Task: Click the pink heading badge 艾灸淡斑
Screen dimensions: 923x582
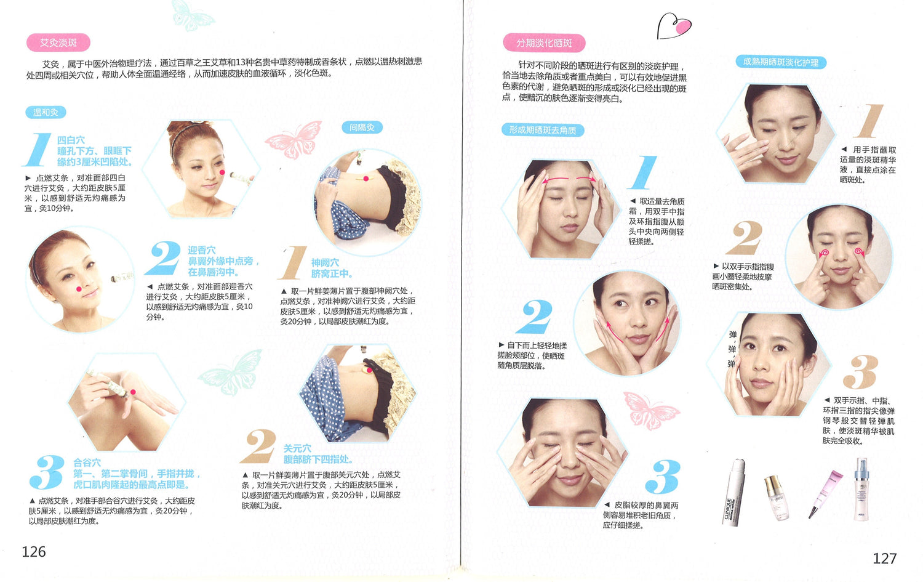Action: pos(58,42)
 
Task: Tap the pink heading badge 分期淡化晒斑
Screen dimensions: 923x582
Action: pos(544,43)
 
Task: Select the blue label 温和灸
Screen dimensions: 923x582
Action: pos(46,112)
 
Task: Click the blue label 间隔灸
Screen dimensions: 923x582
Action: pos(362,127)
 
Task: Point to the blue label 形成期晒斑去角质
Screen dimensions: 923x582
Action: pos(543,130)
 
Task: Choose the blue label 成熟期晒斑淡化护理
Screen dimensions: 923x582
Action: pos(781,62)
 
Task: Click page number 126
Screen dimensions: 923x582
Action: pos(34,551)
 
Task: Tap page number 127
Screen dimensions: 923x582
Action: pos(885,558)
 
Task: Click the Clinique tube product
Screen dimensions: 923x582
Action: pos(734,491)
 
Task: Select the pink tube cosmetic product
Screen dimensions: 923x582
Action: pos(825,494)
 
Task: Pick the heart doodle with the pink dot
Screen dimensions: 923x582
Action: pos(674,26)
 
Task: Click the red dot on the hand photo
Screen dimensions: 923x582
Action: pos(133,392)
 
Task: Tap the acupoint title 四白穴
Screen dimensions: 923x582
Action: pos(71,140)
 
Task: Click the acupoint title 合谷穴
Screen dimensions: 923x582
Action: pos(87,463)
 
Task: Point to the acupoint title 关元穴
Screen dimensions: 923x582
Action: pos(297,448)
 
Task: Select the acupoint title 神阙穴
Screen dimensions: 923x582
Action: pos(325,262)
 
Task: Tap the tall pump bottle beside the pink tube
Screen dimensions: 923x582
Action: pos(861,489)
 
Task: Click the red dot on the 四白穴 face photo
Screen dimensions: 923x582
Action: pos(222,172)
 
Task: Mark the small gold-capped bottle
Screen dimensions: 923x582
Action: pos(777,498)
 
